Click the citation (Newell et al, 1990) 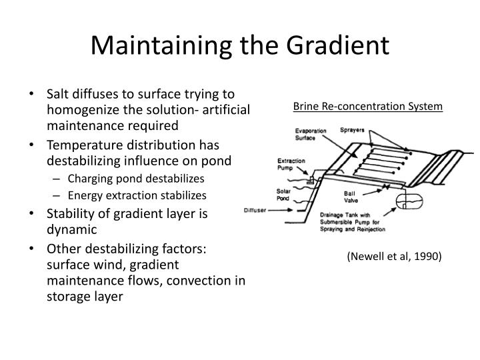click(394, 256)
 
